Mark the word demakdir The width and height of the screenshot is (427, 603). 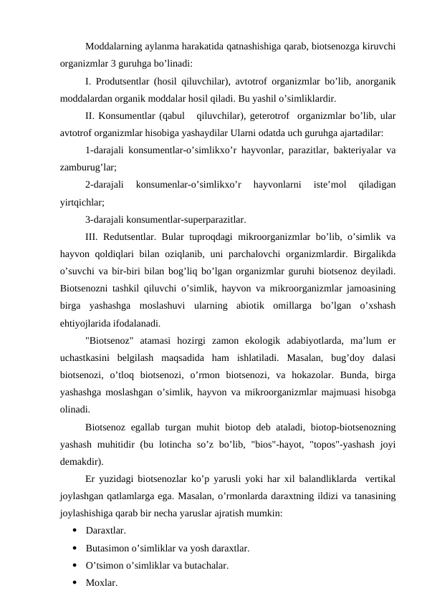point(81,460)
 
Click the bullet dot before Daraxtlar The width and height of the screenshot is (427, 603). point(75,531)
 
